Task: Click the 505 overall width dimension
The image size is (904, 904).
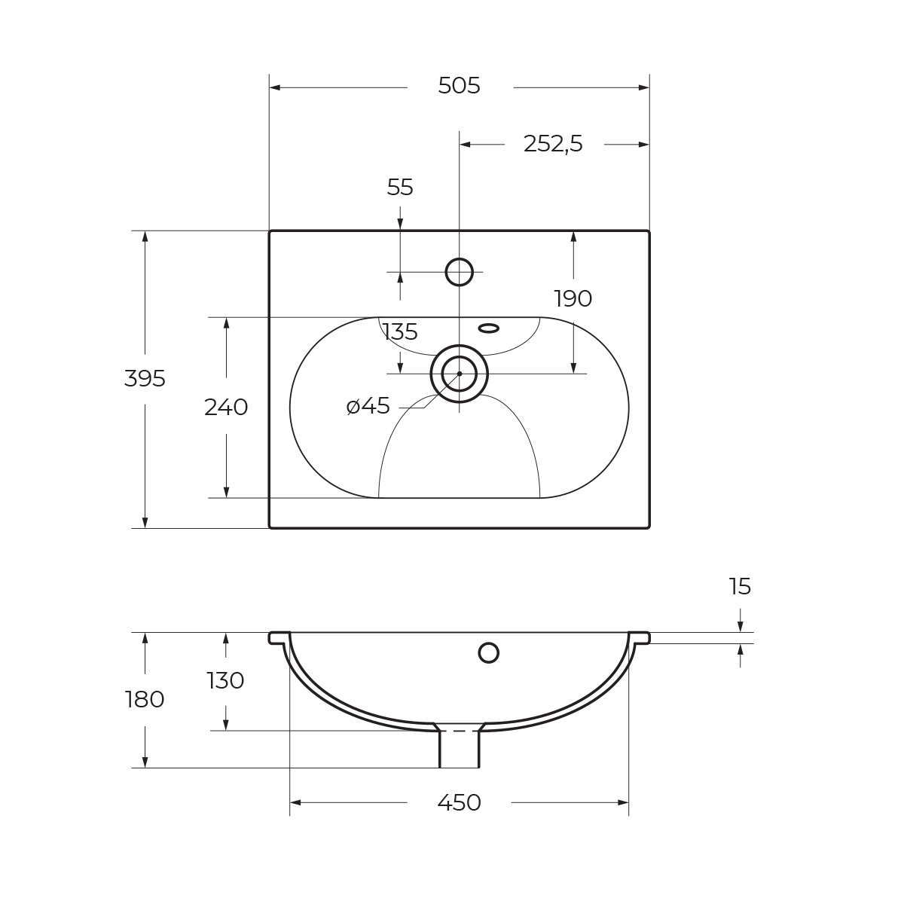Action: [x=459, y=86]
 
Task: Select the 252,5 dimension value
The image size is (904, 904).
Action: [x=553, y=144]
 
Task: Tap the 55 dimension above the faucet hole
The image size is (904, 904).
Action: [x=400, y=188]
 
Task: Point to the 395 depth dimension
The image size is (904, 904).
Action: [x=145, y=379]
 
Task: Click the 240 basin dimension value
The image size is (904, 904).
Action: [x=226, y=408]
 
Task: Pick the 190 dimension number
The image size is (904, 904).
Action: [x=573, y=298]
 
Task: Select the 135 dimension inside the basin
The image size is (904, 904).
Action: [x=400, y=332]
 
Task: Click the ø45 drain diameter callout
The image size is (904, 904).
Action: [x=368, y=406]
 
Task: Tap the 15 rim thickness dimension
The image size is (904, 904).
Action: [x=740, y=587]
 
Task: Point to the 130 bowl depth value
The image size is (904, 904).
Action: [x=226, y=681]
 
